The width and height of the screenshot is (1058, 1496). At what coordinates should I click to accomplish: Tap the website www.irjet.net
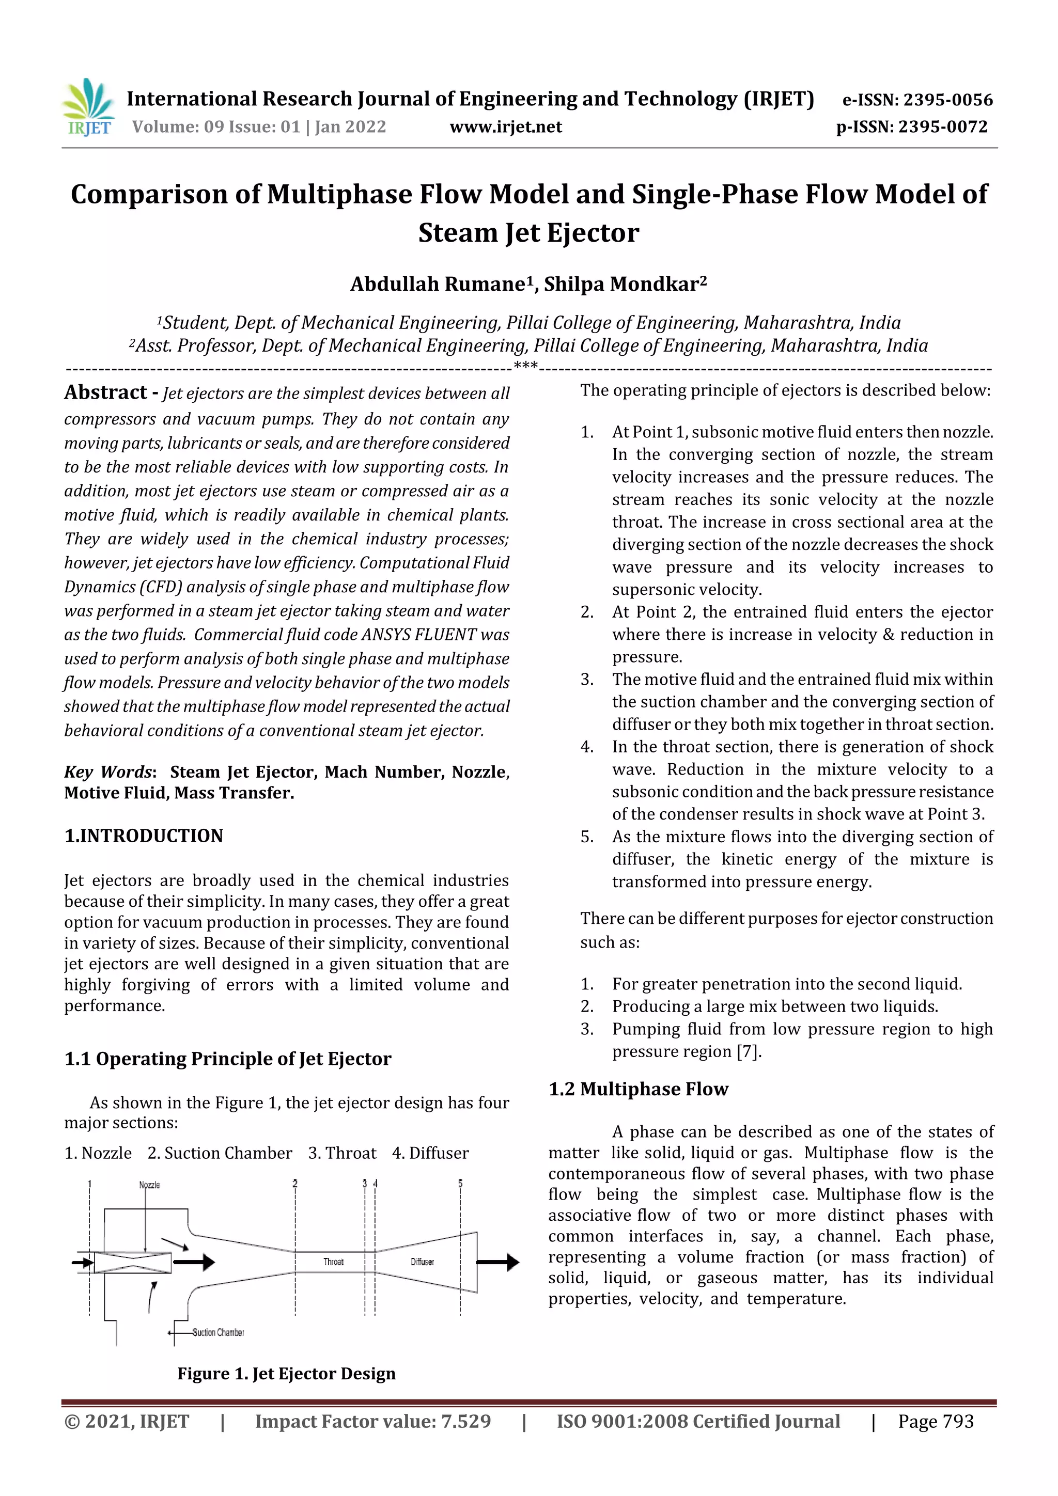pyautogui.click(x=505, y=127)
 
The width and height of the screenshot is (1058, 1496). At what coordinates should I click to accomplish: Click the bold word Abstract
pyautogui.click(x=105, y=392)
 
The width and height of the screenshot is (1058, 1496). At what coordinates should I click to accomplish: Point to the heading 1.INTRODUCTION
pyautogui.click(x=144, y=836)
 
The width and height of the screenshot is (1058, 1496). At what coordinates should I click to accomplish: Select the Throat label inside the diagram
pyautogui.click(x=333, y=1262)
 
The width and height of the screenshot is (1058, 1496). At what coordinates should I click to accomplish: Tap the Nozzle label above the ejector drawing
pyautogui.click(x=149, y=1185)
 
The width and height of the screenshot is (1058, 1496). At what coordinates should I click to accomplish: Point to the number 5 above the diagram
pyautogui.click(x=460, y=1183)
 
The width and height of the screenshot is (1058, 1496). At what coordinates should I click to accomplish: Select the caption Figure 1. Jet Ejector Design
pyautogui.click(x=286, y=1374)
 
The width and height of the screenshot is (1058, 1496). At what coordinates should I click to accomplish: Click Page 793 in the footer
pyautogui.click(x=936, y=1421)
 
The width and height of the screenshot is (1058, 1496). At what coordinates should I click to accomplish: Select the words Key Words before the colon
pyautogui.click(x=108, y=772)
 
